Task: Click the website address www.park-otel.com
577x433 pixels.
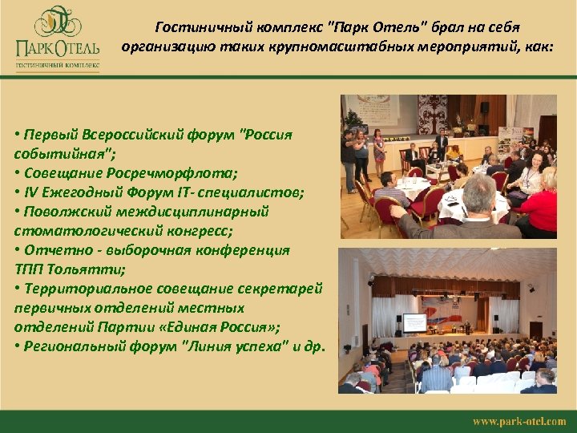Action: click(x=518, y=421)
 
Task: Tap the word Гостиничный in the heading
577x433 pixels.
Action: click(x=201, y=26)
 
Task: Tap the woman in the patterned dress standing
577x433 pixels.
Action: click(x=379, y=152)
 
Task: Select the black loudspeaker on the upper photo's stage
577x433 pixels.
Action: click(x=485, y=107)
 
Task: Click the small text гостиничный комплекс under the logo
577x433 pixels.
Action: click(x=57, y=61)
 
